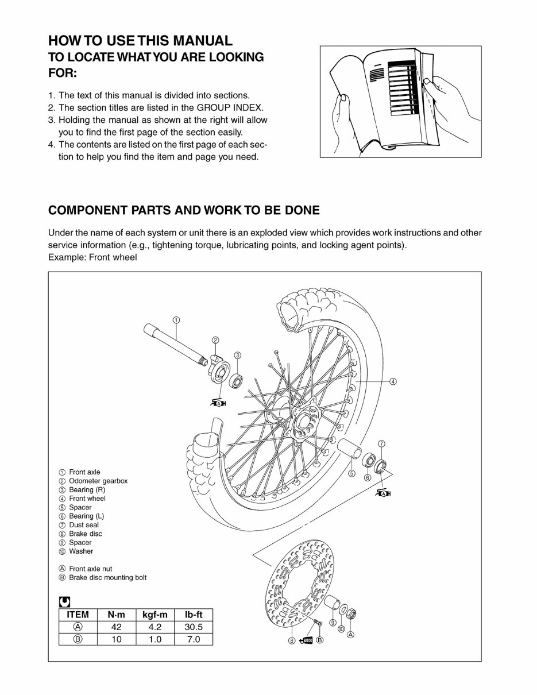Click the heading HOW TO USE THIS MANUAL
click(140, 41)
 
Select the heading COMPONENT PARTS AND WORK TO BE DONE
click(184, 210)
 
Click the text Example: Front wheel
click(92, 257)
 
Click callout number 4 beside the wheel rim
click(393, 381)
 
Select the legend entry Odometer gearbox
click(98, 481)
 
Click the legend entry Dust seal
click(84, 525)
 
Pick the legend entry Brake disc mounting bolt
click(107, 577)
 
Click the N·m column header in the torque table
click(116, 615)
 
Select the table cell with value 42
click(116, 627)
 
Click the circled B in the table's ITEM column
click(78, 639)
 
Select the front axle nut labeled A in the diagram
click(353, 614)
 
